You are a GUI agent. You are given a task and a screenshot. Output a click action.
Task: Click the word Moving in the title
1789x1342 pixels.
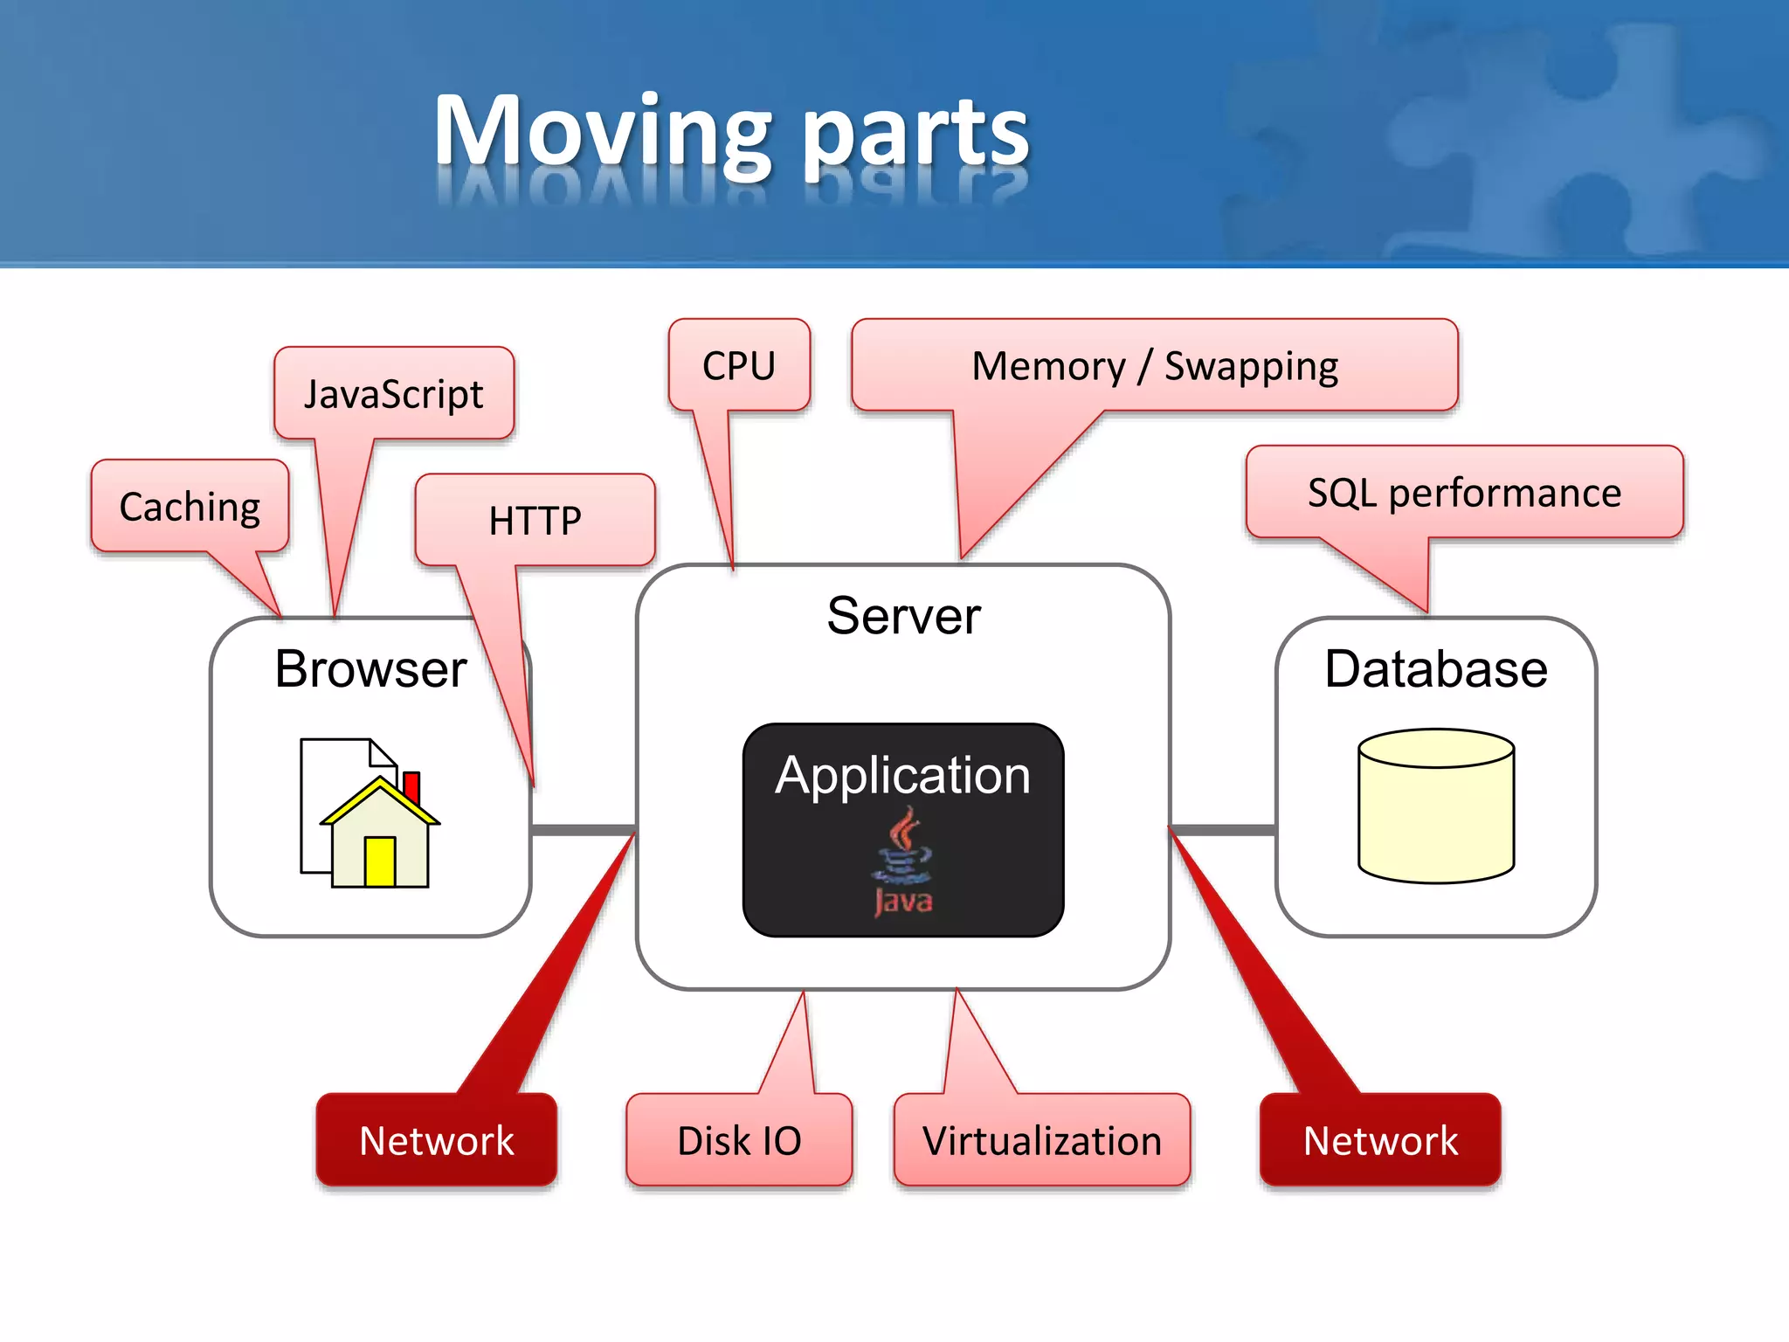coord(603,133)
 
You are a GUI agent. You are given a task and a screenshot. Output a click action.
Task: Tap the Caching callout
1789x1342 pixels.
coord(190,507)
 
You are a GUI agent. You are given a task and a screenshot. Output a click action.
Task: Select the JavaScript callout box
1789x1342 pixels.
coord(394,394)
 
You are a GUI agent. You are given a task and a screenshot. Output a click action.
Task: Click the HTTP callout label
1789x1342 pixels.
coord(535,521)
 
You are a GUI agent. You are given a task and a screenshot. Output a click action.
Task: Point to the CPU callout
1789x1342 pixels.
coord(739,366)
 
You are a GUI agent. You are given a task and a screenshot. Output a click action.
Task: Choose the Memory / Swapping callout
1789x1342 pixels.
coord(1155,366)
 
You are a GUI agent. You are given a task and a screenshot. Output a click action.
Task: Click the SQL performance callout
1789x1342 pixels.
coord(1464,493)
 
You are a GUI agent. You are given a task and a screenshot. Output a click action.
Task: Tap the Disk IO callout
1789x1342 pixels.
coord(739,1140)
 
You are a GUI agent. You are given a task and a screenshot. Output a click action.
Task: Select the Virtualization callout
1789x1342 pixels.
coord(1042,1140)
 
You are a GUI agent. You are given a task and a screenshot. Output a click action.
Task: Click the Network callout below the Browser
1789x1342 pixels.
coord(437,1140)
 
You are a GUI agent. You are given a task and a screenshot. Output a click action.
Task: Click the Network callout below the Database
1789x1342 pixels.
coord(1380,1140)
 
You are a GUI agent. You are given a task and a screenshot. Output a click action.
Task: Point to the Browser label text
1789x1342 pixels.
coord(370,669)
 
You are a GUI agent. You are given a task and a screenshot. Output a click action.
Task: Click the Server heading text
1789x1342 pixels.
coord(903,616)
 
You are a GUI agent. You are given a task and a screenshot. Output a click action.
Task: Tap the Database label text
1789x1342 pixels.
coord(1436,669)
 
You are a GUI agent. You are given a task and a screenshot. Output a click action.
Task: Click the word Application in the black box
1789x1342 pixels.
coord(903,775)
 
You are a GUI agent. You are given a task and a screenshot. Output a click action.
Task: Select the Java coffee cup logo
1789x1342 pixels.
coord(903,861)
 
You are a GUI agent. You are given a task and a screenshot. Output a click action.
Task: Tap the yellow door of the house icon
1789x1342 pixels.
coord(380,861)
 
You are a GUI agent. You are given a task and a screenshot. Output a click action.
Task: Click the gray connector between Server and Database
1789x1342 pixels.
coord(1223,829)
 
